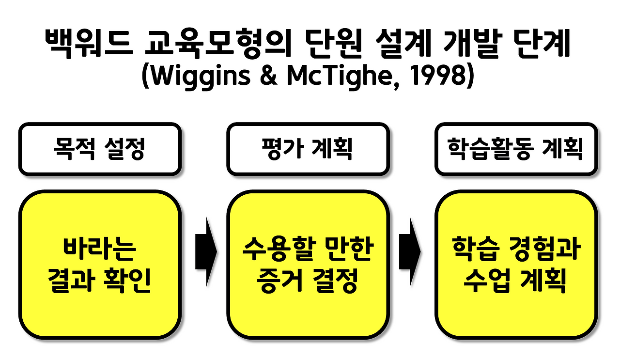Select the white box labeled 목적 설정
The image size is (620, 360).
pos(100,149)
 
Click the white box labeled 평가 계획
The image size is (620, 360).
pos(308,149)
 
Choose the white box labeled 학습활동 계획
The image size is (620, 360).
pos(515,149)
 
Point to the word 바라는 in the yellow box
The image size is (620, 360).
pos(100,250)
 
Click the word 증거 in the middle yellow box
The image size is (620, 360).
pos(272,281)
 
